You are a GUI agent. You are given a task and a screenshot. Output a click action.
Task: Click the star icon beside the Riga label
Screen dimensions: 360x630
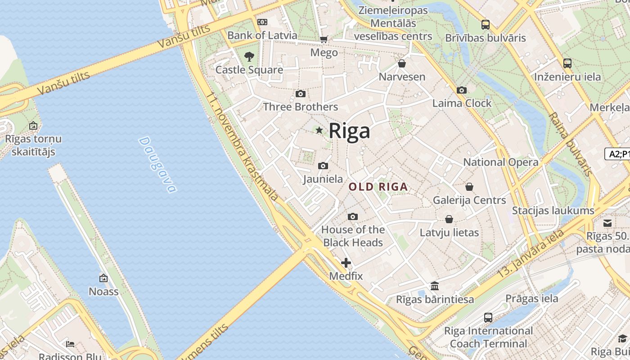319,130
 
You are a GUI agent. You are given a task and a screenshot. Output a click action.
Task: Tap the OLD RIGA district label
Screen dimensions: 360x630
378,187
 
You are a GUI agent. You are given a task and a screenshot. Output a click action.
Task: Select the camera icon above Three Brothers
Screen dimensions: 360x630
301,94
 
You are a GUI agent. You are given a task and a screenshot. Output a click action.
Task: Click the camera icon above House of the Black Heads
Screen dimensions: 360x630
353,217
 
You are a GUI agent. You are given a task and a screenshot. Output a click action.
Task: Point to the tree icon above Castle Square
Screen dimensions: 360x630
249,57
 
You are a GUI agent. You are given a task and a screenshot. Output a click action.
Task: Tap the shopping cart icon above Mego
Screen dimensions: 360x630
324,40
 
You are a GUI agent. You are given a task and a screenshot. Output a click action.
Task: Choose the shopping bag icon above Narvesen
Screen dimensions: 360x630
402,64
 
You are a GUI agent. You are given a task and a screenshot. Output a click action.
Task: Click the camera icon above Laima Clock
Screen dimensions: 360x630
461,90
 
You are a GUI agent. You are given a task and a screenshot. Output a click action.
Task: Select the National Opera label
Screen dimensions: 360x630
500,162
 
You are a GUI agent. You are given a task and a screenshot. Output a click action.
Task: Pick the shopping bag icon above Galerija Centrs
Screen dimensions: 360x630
469,187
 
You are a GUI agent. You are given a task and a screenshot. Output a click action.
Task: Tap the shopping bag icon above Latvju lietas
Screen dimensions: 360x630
449,220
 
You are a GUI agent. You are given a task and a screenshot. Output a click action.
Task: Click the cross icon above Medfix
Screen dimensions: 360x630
346,263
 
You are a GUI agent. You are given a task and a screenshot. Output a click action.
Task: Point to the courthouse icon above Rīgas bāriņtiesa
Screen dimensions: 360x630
435,286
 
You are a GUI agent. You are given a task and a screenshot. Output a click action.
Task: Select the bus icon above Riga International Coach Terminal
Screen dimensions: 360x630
488,318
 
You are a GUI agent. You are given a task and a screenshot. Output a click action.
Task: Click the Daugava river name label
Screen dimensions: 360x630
157,165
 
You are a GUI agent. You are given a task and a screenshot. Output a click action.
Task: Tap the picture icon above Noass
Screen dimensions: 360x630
103,279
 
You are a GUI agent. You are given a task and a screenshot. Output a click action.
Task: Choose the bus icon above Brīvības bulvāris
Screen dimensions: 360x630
485,25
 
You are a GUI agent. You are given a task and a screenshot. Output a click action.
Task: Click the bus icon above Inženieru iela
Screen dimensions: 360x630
567,63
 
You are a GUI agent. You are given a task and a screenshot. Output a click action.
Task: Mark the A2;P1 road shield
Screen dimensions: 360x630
617,154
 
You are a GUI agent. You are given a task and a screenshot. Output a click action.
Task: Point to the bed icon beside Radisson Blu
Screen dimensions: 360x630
70,344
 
